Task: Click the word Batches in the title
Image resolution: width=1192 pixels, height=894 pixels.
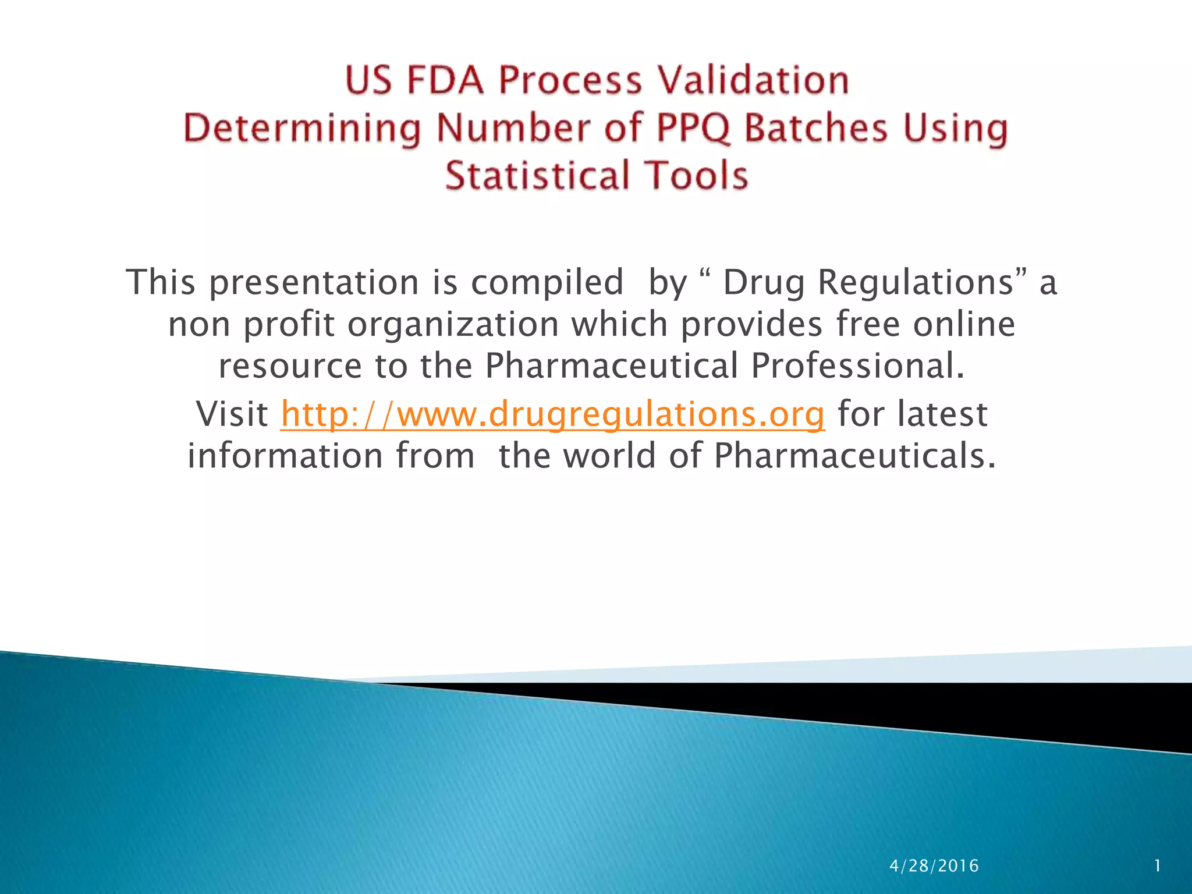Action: coord(817,128)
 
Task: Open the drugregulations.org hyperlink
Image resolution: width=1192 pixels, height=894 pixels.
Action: coord(552,414)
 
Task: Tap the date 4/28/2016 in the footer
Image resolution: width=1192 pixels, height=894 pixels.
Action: coord(934,866)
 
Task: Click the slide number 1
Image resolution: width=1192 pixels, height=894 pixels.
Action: coord(1158,866)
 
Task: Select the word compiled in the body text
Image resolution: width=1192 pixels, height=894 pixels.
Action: coord(547,283)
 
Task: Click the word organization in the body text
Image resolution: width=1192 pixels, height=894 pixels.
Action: coord(453,325)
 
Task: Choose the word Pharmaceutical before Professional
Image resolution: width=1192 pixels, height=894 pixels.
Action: coord(611,367)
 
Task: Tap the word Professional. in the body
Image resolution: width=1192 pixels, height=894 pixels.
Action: coord(857,367)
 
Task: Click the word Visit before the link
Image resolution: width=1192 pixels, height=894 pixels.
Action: coord(232,414)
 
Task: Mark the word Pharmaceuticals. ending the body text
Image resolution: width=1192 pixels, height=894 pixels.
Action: coord(855,456)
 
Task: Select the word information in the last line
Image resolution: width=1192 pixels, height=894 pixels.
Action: coord(285,456)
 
